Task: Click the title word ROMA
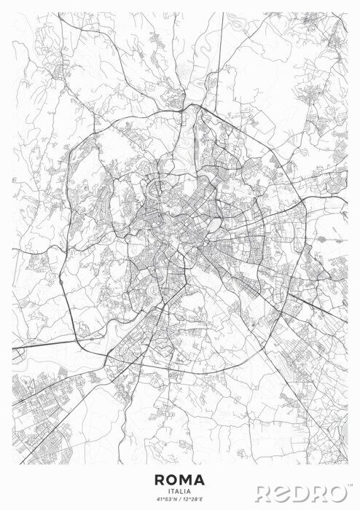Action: click(180, 479)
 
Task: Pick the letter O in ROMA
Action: click(173, 479)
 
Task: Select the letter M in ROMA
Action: click(187, 479)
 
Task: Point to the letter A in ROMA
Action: click(200, 479)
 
